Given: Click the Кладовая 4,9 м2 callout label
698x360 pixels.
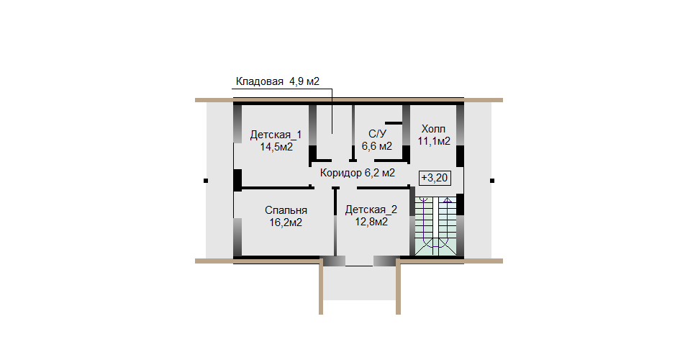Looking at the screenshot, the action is [277, 81].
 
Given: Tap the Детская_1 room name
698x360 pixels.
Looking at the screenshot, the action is [276, 135].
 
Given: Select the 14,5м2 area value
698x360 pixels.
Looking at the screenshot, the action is [276, 147].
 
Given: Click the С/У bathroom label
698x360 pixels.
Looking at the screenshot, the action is [378, 134].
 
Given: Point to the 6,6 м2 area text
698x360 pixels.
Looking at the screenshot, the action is [377, 146].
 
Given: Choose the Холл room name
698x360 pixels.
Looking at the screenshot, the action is [433, 129].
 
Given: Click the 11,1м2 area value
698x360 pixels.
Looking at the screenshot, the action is [434, 141].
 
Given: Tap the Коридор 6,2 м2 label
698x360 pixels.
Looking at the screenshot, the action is [358, 173].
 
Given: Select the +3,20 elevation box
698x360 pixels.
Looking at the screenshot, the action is [435, 179].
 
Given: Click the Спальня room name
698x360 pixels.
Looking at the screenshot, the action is [286, 210].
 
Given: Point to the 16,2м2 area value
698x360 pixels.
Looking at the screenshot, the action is [286, 222].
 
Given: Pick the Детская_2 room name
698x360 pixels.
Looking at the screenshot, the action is [371, 210].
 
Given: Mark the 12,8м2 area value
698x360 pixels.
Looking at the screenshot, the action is [371, 222].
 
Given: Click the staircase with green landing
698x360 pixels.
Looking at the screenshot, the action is [435, 226].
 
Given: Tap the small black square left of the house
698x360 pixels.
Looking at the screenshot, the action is [206, 181].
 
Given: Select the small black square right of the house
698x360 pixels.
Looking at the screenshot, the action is [492, 181].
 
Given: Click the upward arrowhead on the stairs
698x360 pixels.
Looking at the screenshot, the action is [447, 199].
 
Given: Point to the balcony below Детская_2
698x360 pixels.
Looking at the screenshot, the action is [358, 284].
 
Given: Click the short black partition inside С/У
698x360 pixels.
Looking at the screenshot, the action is [394, 122].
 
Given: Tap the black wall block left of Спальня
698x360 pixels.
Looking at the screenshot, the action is [237, 181].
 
